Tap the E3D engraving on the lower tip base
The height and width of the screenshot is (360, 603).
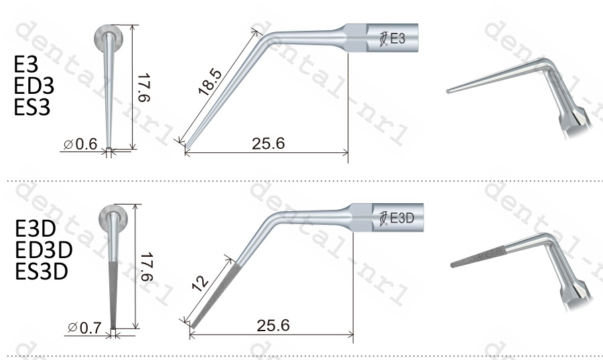(402, 218)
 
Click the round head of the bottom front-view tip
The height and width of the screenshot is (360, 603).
(113, 219)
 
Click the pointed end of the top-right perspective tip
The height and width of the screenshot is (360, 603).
(448, 91)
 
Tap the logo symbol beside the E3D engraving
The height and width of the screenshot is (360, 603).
(383, 218)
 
